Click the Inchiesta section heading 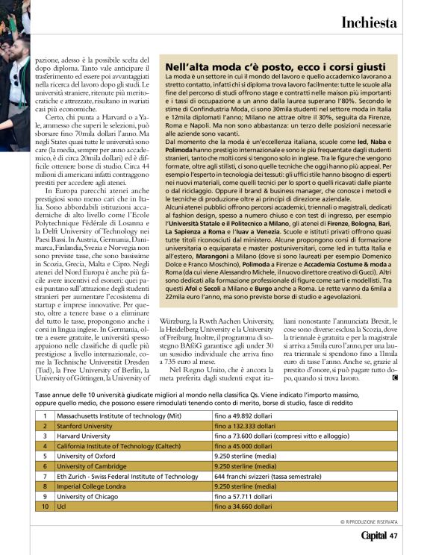tap(369, 22)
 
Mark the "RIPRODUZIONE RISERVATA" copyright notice tap(369, 521)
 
